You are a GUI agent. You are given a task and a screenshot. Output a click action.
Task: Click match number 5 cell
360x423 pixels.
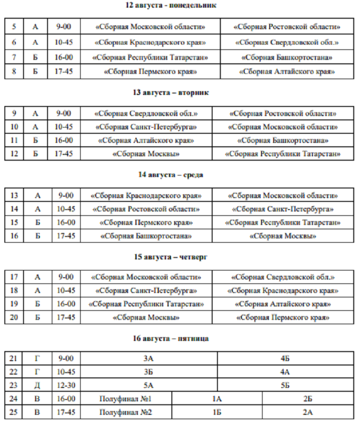[14, 27]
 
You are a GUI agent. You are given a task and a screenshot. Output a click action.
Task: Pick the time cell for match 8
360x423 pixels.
[64, 72]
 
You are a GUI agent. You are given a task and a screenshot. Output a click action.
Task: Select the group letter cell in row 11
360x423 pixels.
[36, 141]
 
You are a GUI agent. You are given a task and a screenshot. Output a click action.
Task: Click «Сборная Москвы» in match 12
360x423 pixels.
[146, 154]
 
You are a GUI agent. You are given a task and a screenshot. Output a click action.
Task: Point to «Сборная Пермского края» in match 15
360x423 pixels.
[146, 223]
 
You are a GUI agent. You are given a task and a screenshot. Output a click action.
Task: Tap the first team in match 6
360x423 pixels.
[150, 42]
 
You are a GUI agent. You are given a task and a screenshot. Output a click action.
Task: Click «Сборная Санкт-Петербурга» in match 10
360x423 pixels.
[146, 127]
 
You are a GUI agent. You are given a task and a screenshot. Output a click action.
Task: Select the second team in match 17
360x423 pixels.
[283, 277]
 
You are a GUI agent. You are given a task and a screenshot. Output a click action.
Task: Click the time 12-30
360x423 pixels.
[64, 385]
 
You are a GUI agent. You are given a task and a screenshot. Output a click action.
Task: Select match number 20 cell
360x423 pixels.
[14, 317]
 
